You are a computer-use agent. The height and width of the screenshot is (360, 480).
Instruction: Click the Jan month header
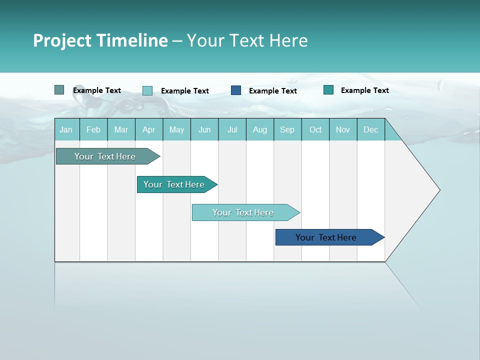tap(66, 129)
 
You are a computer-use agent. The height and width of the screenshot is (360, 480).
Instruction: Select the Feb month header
tap(93, 129)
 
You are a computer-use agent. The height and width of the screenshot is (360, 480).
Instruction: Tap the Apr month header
tap(148, 129)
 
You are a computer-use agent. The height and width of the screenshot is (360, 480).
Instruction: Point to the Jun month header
tap(204, 129)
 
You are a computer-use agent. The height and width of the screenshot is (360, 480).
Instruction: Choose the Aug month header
tap(260, 129)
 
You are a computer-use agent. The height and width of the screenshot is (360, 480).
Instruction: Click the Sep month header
tap(287, 129)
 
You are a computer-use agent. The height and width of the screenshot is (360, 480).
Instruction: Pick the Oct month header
tap(315, 129)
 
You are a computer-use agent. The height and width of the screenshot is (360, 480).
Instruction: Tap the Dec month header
tap(370, 129)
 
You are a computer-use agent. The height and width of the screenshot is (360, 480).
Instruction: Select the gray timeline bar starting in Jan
tap(105, 156)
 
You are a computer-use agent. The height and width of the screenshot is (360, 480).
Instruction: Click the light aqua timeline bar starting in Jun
tap(243, 212)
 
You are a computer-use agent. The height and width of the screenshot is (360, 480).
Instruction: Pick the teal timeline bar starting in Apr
tap(174, 184)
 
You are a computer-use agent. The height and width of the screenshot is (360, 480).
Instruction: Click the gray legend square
tap(59, 90)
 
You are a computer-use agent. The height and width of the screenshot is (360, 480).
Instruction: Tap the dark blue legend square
tap(236, 90)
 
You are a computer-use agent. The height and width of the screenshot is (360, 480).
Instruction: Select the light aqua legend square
tap(147, 90)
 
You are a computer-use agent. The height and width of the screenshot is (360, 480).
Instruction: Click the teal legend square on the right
tap(328, 90)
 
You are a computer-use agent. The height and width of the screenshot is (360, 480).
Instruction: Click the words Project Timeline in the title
tap(100, 40)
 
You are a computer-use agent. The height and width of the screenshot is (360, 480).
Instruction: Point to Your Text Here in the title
tap(247, 40)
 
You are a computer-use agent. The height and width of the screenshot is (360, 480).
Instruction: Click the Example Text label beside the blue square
tap(272, 91)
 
